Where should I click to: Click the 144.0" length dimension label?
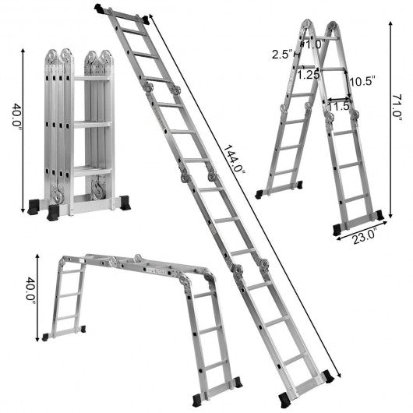235,159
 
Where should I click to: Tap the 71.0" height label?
397,108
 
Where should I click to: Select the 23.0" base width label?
365,238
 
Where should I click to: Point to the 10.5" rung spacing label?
362,81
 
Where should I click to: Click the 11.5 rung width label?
338,106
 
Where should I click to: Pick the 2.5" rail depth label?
283,55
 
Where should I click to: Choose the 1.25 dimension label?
308,75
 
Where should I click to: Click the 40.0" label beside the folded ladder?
17,115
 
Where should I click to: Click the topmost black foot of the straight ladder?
100,9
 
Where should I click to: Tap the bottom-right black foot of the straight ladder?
328,376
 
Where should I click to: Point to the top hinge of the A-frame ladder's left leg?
306,24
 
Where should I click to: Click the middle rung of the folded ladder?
92,125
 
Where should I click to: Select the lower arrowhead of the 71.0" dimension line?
391,215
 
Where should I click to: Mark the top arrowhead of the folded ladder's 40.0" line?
23,51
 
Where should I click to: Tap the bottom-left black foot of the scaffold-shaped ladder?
45,337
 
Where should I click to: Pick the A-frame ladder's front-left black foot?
259,194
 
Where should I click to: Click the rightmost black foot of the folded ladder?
125,203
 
